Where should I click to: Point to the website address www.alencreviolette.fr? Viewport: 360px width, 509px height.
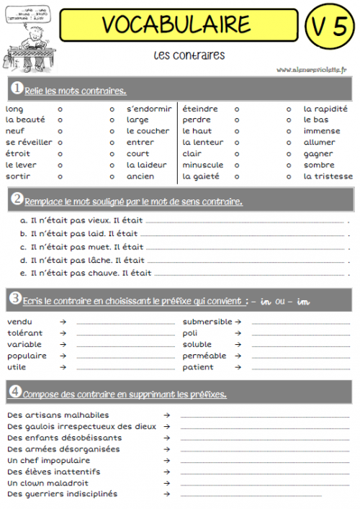311,70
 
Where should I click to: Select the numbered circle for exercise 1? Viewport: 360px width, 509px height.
15,89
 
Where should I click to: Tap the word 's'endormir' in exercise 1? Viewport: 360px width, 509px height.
148,109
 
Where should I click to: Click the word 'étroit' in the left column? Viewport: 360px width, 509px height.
17,153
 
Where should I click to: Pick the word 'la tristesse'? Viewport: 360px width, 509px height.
328,176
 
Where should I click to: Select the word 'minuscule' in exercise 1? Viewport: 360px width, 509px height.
202,165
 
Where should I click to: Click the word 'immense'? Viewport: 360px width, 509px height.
321,131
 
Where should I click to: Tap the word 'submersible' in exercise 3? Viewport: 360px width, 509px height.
207,322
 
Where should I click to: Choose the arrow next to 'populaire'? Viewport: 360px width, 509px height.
63,356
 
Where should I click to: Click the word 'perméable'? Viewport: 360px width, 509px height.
204,356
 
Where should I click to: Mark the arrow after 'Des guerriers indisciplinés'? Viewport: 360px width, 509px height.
166,494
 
